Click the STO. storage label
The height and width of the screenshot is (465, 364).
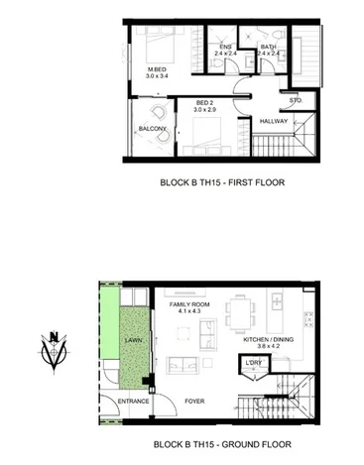[x=296, y=100]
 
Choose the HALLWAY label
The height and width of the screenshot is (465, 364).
[x=273, y=121]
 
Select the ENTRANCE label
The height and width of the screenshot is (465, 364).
[x=134, y=401]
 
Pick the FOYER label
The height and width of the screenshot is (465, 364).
[x=193, y=401]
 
